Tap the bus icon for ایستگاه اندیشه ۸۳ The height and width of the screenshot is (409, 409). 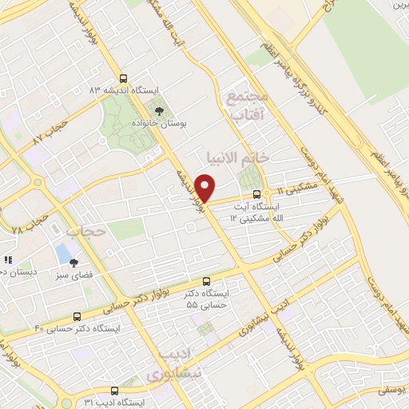pyautogui.click(x=122, y=78)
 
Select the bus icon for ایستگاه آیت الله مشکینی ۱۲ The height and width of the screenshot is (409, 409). pyautogui.click(x=256, y=194)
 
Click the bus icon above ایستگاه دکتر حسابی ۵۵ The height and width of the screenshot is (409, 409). pyautogui.click(x=207, y=281)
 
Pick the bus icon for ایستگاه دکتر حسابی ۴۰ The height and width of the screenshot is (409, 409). pyautogui.click(x=77, y=316)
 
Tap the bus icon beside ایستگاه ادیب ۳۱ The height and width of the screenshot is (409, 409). pyautogui.click(x=114, y=391)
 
